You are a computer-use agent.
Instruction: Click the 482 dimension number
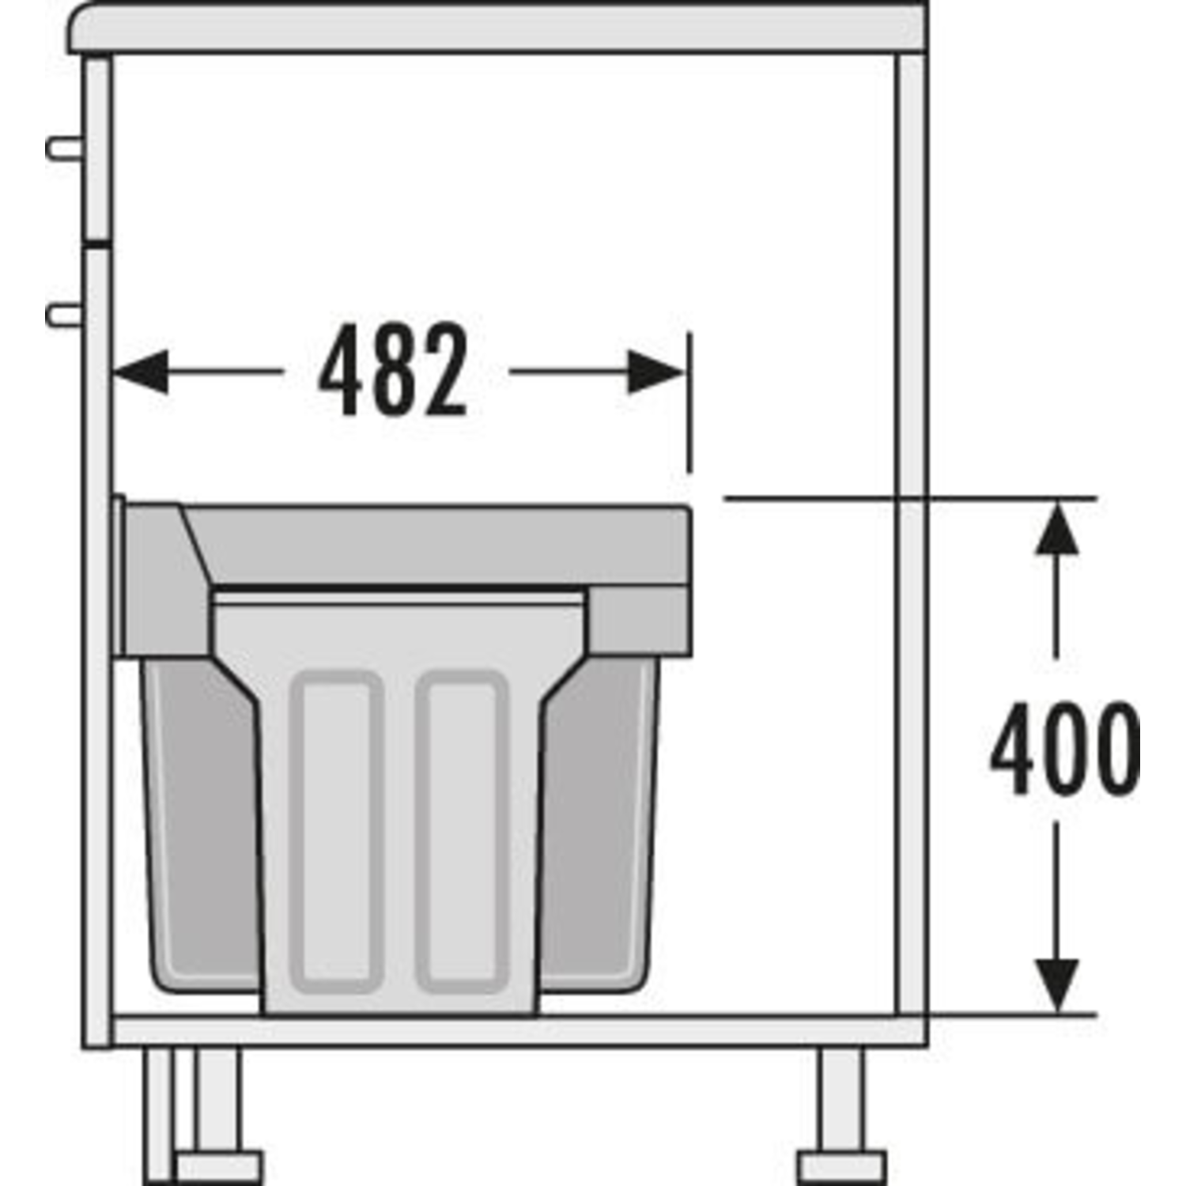pyautogui.click(x=393, y=370)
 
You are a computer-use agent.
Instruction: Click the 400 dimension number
pyautogui.click(x=1064, y=748)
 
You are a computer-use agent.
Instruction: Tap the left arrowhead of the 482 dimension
pyautogui.click(x=141, y=371)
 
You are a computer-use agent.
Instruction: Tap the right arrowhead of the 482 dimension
pyautogui.click(x=655, y=371)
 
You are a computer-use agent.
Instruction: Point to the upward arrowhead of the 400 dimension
pyautogui.click(x=1057, y=529)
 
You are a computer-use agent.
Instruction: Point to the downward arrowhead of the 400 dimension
pyautogui.click(x=1057, y=985)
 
